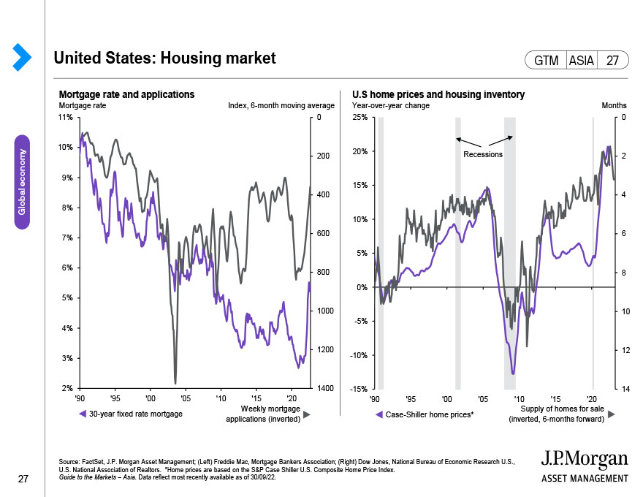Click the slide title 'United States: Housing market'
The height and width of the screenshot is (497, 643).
coord(165,58)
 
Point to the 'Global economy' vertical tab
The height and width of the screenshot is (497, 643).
coord(22,181)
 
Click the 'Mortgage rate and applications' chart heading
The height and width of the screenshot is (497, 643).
coord(126,95)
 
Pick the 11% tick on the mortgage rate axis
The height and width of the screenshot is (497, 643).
coord(66,117)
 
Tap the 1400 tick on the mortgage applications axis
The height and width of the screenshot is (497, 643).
coord(325,389)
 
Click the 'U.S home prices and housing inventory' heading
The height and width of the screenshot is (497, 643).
coord(438,95)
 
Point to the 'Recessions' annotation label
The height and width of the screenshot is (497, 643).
coord(483,155)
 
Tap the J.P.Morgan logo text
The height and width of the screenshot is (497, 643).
coord(585,459)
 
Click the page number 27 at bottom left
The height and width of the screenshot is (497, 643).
coord(23,479)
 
